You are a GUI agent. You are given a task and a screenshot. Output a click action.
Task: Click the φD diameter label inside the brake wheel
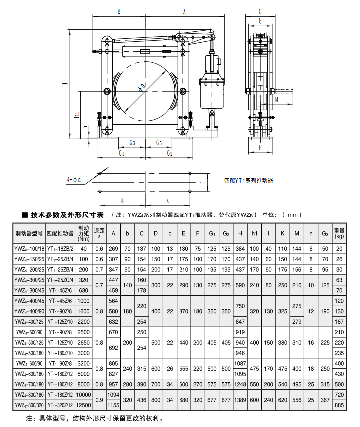(142, 87)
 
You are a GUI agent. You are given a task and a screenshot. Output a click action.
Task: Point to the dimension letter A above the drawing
(184, 11)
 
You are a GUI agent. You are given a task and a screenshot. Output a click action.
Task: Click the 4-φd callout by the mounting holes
(74, 180)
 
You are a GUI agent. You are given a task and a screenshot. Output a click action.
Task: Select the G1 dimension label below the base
(121, 153)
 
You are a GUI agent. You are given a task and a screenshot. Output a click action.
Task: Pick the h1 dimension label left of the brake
(77, 115)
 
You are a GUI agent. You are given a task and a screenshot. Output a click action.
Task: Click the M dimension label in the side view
(276, 100)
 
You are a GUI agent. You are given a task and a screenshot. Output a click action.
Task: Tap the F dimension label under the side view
(260, 147)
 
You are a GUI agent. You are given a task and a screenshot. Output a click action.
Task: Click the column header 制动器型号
(29, 233)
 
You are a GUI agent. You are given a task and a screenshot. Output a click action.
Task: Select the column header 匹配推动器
(60, 233)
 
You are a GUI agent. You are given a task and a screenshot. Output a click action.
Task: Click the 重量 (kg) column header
(339, 233)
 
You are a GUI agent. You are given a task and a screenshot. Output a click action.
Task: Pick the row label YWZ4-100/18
(29, 249)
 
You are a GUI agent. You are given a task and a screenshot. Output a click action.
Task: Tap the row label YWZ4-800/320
(29, 405)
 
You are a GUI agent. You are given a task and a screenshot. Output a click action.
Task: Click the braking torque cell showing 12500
(84, 405)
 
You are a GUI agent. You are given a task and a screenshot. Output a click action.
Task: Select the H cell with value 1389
(240, 400)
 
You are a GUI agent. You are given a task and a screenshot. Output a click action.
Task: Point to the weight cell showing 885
(339, 405)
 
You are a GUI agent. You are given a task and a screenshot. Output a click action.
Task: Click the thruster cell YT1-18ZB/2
(60, 249)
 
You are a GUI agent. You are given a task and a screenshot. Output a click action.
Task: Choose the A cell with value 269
(113, 249)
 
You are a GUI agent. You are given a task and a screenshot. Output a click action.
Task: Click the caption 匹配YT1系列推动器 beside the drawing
(248, 180)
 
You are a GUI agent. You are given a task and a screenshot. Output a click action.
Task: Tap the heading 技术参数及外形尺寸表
(67, 215)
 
